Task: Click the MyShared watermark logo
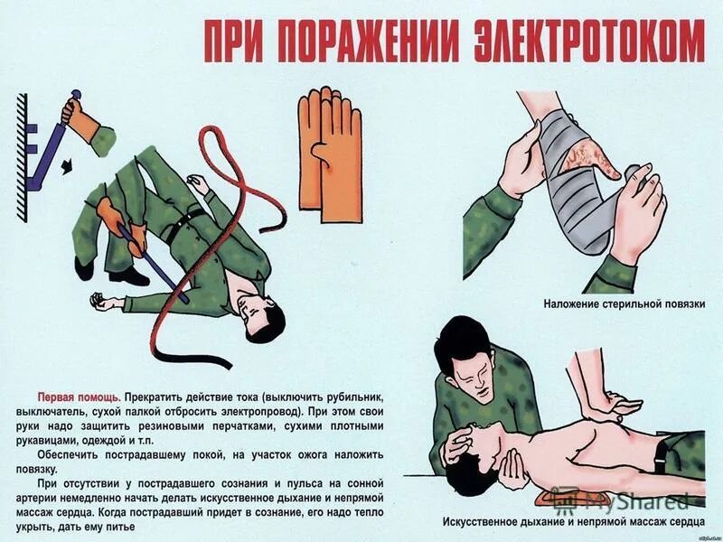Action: pyautogui.click(x=624, y=500)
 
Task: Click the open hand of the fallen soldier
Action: pyautogui.click(x=104, y=303)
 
